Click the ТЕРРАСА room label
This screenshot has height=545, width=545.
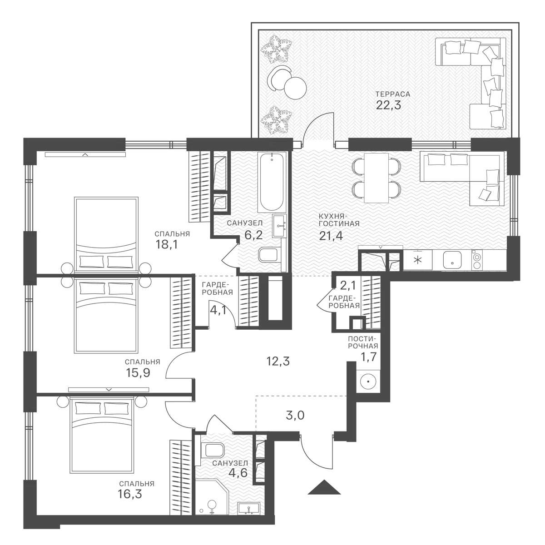[x=392, y=94]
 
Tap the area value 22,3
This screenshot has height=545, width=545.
[x=388, y=105]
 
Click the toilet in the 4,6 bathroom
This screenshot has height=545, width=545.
[x=212, y=451]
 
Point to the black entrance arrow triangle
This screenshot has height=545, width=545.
[x=324, y=487]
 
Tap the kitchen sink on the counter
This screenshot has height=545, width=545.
[x=452, y=260]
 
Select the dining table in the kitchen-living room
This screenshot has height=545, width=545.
[x=376, y=178]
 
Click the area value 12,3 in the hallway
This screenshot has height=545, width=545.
[x=278, y=361]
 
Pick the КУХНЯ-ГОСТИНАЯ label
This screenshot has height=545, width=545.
[x=339, y=220]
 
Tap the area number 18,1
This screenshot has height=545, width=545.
[x=167, y=244]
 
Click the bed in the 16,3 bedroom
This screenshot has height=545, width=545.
[x=102, y=436]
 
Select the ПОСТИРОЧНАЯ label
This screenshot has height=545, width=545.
[x=363, y=342]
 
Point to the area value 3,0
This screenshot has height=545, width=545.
[x=295, y=416]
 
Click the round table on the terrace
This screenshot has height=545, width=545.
[x=296, y=88]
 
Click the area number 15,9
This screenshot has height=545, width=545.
[x=138, y=373]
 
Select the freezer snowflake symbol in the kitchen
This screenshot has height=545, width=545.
[x=417, y=260]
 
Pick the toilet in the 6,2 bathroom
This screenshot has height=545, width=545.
[x=269, y=255]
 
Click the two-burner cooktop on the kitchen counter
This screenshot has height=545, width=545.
[x=477, y=261]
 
